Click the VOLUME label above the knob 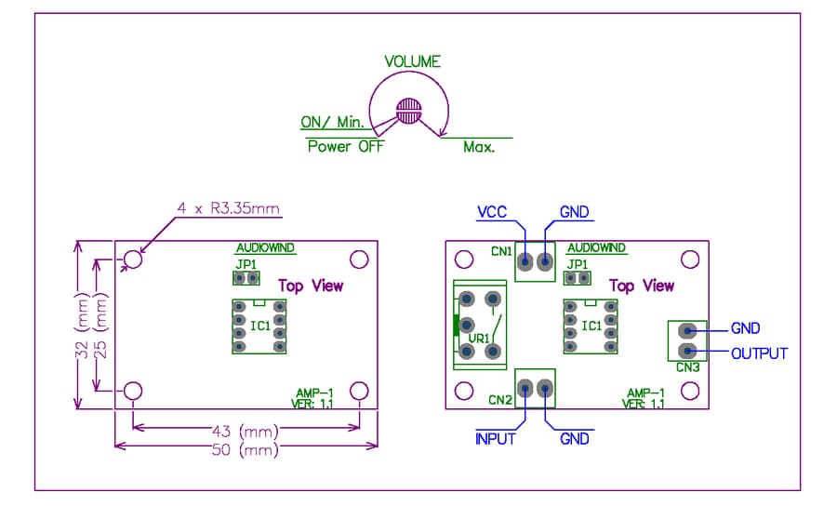coord(413,62)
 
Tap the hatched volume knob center coord(409,111)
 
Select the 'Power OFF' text coord(346,146)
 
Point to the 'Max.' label coord(479,147)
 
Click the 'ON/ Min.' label coord(332,122)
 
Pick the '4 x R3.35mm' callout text coord(229,208)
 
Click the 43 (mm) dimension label coord(246,431)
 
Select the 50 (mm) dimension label coord(246,450)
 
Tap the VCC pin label coord(492,212)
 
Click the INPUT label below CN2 coord(496,439)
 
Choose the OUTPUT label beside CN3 coord(759,353)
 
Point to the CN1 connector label coord(501,251)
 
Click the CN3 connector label coord(687,367)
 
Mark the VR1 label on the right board coord(479,339)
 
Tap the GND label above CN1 coord(574,212)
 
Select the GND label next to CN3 coord(745,328)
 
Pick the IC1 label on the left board coord(260,326)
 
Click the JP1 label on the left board coord(246,264)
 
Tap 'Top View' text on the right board coord(642,286)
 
